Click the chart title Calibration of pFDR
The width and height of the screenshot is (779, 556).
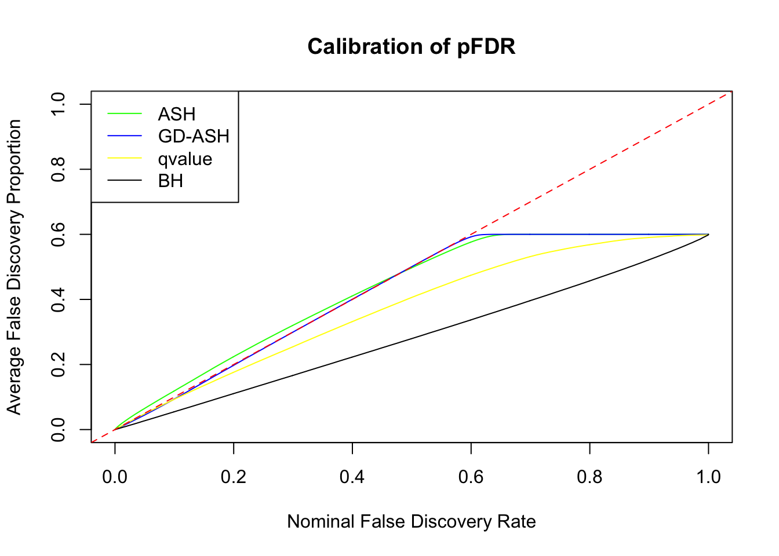411,46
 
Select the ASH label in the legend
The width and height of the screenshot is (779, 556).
176,114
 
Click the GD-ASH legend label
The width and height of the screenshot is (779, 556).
194,136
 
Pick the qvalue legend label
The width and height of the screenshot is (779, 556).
185,159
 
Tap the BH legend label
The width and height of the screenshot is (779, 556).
170,181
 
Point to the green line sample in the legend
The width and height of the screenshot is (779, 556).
125,114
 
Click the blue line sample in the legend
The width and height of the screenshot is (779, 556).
125,136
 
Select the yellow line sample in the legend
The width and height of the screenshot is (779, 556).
125,158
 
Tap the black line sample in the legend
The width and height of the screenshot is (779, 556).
125,181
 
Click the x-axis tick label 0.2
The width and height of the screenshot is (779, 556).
234,477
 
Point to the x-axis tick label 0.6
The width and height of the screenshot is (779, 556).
471,477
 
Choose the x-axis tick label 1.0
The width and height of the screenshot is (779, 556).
708,477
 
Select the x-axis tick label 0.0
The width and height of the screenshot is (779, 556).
115,477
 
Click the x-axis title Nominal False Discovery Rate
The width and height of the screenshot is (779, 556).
411,521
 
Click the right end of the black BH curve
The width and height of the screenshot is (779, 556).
708,235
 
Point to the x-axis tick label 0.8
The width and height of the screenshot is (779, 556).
589,477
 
